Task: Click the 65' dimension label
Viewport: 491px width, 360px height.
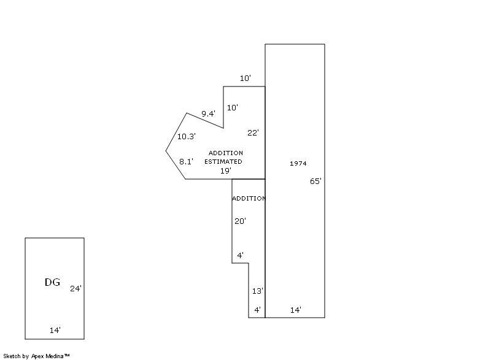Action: (x=315, y=182)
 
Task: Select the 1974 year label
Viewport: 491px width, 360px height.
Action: (x=298, y=163)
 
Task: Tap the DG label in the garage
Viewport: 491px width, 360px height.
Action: (x=52, y=282)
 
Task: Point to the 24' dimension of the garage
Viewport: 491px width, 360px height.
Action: (x=75, y=288)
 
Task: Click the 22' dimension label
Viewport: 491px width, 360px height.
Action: (x=253, y=132)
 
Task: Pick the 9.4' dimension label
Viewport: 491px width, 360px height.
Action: (x=208, y=113)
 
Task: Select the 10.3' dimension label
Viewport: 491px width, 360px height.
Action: (x=186, y=137)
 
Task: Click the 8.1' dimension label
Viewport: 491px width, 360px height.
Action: (x=186, y=161)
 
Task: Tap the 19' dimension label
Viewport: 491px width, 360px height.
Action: (x=226, y=171)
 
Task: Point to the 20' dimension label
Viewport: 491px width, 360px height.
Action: (x=240, y=221)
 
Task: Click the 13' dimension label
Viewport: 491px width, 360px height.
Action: (x=258, y=291)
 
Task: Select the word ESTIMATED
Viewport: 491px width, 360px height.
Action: (x=223, y=161)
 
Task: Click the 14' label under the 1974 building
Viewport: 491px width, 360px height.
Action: (x=295, y=310)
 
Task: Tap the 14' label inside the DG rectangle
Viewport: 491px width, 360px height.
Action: (x=55, y=330)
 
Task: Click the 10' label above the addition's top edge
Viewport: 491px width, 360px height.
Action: (x=245, y=79)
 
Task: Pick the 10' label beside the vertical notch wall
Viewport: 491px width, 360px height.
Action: (x=233, y=107)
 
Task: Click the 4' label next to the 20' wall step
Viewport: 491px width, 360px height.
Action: (x=241, y=255)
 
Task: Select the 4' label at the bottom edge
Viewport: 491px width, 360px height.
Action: (x=257, y=310)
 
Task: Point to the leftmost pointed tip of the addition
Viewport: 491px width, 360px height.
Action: (x=166, y=150)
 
